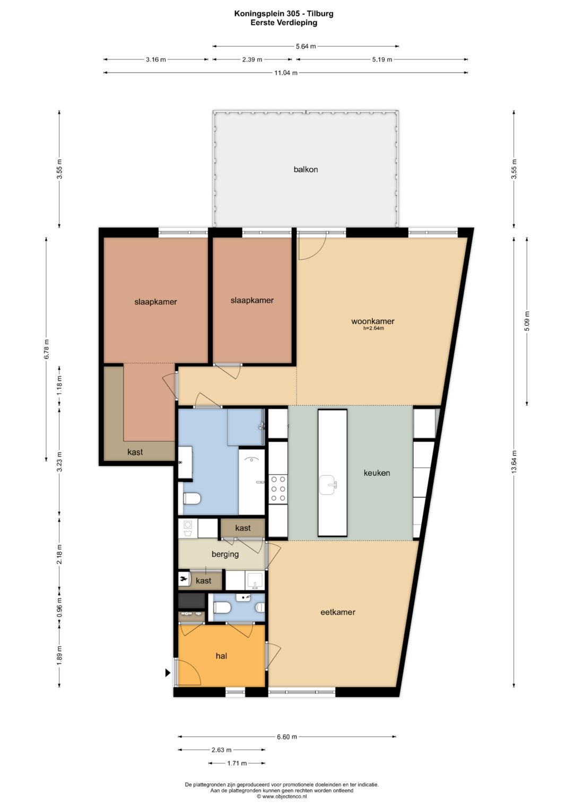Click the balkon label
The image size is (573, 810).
[x=306, y=169]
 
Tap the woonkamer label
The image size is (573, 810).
[x=372, y=321]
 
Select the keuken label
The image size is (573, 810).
[x=377, y=473]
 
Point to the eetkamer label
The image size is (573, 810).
[x=338, y=612]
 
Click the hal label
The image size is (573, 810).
[x=221, y=656]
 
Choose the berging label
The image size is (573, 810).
[x=225, y=554]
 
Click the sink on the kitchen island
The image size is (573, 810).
[x=328, y=484]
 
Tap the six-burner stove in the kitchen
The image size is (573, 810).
[x=278, y=489]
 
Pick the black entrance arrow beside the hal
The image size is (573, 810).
[x=168, y=673]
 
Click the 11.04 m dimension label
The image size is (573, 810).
[x=286, y=73]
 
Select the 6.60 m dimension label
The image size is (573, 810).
[x=287, y=737]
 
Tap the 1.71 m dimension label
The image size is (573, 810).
[x=237, y=763]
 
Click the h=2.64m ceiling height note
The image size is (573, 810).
[x=373, y=328]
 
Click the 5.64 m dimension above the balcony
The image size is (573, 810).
[x=306, y=46]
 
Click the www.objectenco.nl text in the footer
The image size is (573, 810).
[x=284, y=796]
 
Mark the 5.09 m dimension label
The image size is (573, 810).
[x=527, y=321]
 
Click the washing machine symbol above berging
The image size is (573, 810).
[x=188, y=528]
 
